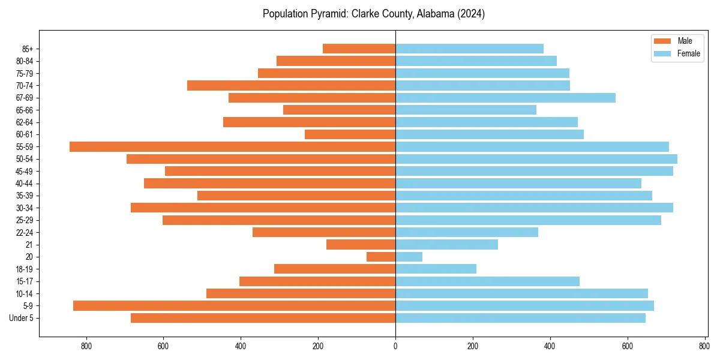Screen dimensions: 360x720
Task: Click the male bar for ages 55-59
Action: (x=232, y=146)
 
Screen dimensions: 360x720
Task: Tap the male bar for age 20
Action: (x=381, y=257)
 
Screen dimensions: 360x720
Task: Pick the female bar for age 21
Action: (x=446, y=244)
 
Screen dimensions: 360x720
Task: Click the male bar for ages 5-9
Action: (x=234, y=305)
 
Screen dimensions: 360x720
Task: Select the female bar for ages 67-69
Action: (x=505, y=98)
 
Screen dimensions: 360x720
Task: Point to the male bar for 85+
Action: (x=359, y=49)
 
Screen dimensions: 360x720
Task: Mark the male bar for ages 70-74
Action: (x=291, y=85)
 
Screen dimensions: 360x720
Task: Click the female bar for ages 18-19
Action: (x=436, y=269)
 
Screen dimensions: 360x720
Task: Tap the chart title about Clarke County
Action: (x=373, y=14)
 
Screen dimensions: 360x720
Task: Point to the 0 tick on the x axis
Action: (x=395, y=346)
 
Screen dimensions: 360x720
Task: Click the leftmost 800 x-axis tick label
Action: (x=86, y=346)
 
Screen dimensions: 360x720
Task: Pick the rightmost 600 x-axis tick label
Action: (x=627, y=346)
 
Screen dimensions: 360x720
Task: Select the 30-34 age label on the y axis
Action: (x=25, y=208)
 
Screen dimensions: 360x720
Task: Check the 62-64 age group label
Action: (x=25, y=122)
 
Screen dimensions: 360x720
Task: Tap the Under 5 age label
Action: (x=22, y=318)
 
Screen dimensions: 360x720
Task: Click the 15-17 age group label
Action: (x=25, y=281)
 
